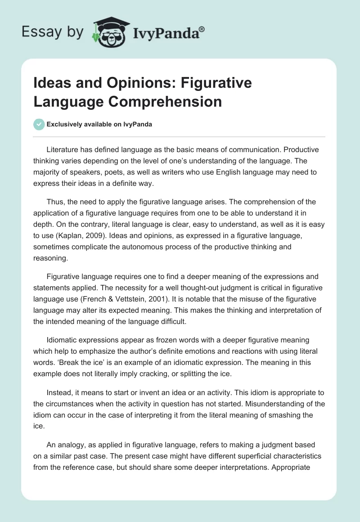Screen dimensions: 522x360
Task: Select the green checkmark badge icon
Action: click(39, 124)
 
